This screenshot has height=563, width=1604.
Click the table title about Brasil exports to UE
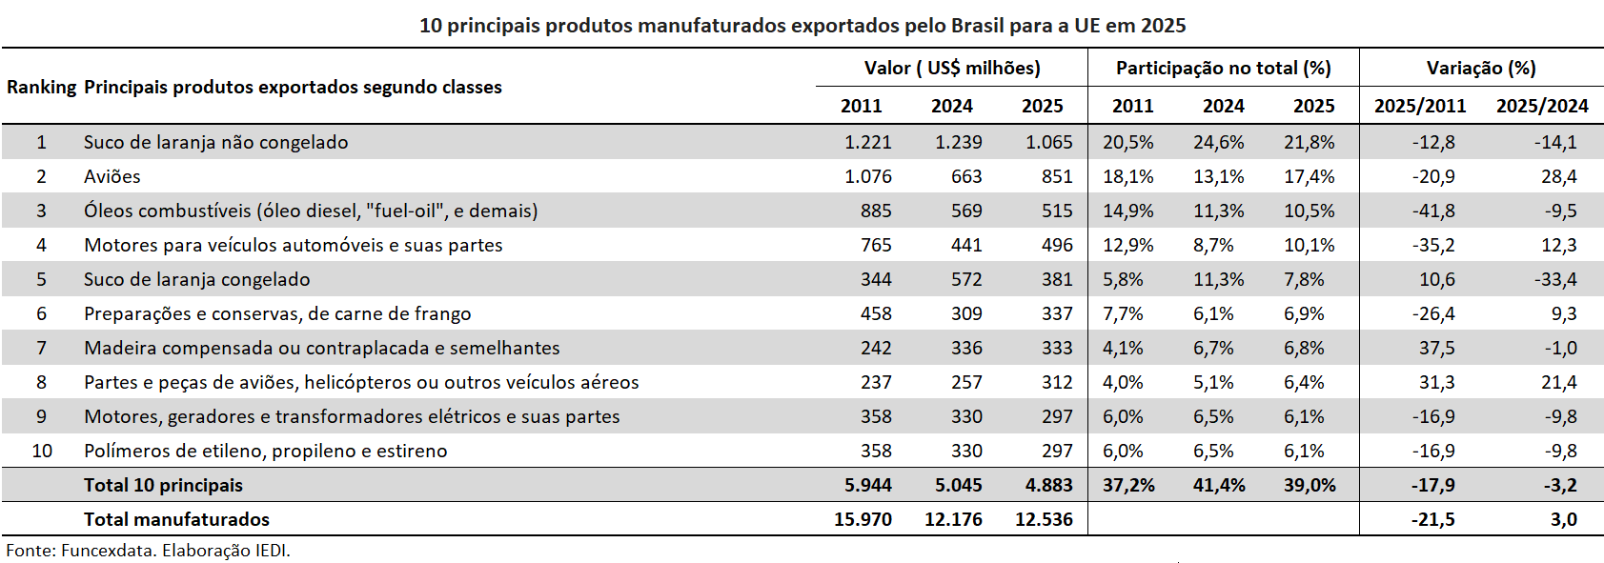(802, 26)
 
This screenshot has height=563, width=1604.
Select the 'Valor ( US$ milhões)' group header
(951, 68)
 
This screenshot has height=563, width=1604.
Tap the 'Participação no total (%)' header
(1223, 68)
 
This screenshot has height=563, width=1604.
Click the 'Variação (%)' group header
(1480, 68)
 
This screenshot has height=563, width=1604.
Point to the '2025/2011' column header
(1419, 106)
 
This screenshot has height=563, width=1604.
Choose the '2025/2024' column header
(1541, 106)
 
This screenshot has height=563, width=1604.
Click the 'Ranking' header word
(41, 87)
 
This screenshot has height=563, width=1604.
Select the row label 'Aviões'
(112, 176)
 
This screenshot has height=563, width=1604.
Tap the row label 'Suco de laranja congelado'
(196, 279)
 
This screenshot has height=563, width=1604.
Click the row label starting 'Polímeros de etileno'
(265, 451)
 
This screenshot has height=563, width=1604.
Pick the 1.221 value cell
(867, 142)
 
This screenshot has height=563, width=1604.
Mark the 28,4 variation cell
(1558, 176)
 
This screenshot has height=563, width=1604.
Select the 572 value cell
(965, 279)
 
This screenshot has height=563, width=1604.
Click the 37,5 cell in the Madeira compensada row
(1436, 348)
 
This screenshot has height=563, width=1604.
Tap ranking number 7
(41, 348)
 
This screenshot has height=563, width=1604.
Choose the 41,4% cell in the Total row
(1218, 485)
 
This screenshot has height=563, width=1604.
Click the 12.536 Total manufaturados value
(1044, 519)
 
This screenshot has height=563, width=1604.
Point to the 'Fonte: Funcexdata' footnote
(148, 550)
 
